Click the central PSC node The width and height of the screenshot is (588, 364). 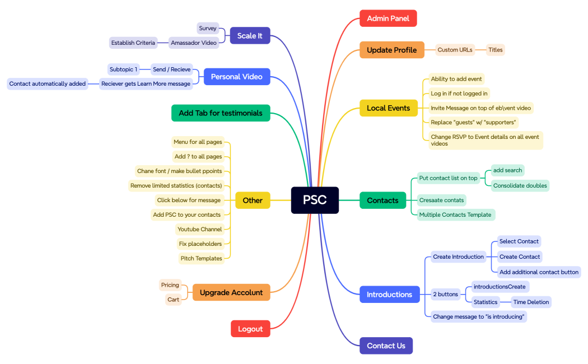point(315,200)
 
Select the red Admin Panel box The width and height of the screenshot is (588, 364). point(388,18)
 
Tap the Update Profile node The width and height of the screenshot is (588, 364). point(391,50)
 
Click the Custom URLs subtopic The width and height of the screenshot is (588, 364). point(455,50)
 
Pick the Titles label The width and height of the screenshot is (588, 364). point(496,50)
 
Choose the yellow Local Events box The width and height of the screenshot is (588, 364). point(388,108)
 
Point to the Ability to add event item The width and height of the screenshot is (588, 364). point(456,79)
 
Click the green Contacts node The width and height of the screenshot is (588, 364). point(382,200)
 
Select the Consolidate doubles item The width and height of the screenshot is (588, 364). point(520,185)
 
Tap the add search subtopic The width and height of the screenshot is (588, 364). point(507,170)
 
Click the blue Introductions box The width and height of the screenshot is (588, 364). point(389,294)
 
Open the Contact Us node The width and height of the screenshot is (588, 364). point(386,346)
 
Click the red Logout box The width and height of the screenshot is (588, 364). point(250,329)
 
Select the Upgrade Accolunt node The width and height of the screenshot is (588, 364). point(231,292)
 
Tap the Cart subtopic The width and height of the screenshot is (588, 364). point(174,300)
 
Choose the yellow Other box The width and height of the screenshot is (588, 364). point(253,200)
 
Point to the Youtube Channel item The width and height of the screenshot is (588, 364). point(199,229)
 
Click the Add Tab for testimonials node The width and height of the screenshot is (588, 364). point(221,113)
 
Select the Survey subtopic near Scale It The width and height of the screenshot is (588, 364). point(207,28)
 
